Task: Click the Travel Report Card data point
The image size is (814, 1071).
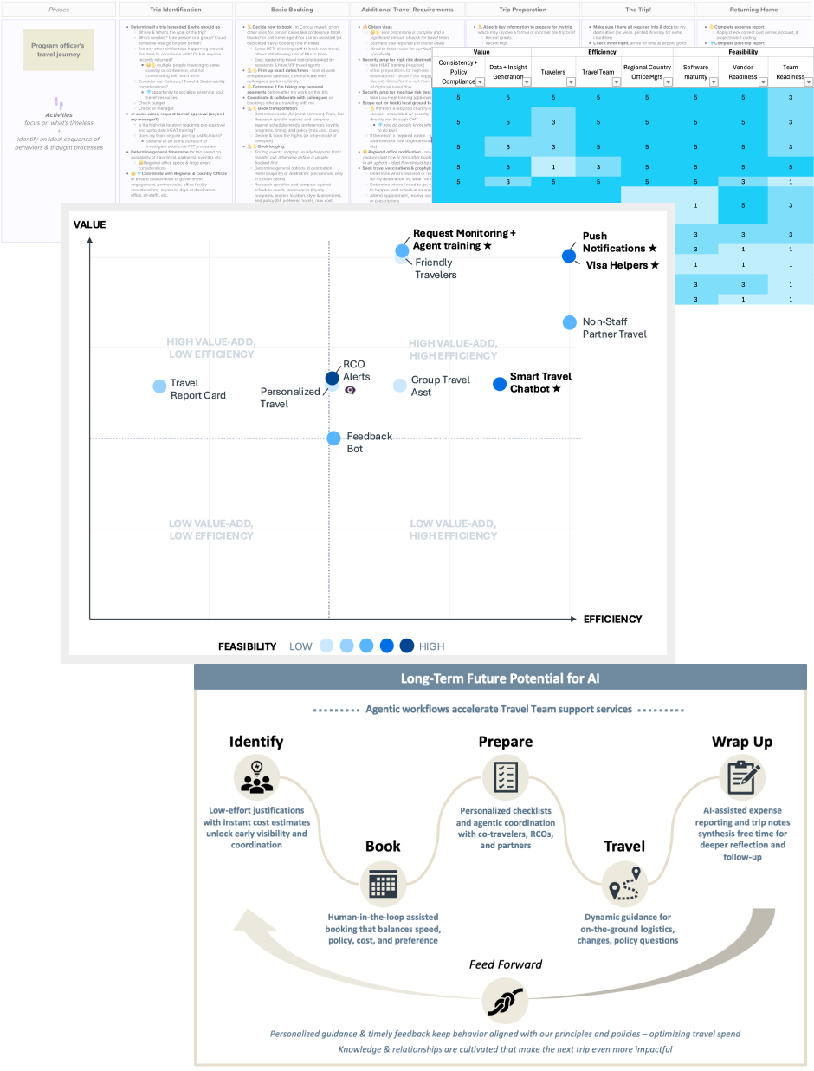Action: [159, 386]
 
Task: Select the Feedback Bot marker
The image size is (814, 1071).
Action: [334, 438]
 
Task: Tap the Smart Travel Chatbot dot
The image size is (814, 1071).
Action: [499, 384]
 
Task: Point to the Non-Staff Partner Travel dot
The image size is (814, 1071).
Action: [569, 322]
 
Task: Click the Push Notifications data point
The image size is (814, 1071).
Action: [568, 256]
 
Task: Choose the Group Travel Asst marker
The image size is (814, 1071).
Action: [400, 386]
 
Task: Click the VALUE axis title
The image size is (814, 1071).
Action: [89, 224]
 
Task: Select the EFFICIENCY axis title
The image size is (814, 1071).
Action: [612, 619]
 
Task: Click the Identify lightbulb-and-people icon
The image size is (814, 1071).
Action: [255, 776]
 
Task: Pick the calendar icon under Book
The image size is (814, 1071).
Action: [382, 883]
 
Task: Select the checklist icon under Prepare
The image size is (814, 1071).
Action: [506, 776]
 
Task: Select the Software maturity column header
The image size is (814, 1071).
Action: [695, 71]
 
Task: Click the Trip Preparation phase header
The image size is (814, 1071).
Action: [522, 10]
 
